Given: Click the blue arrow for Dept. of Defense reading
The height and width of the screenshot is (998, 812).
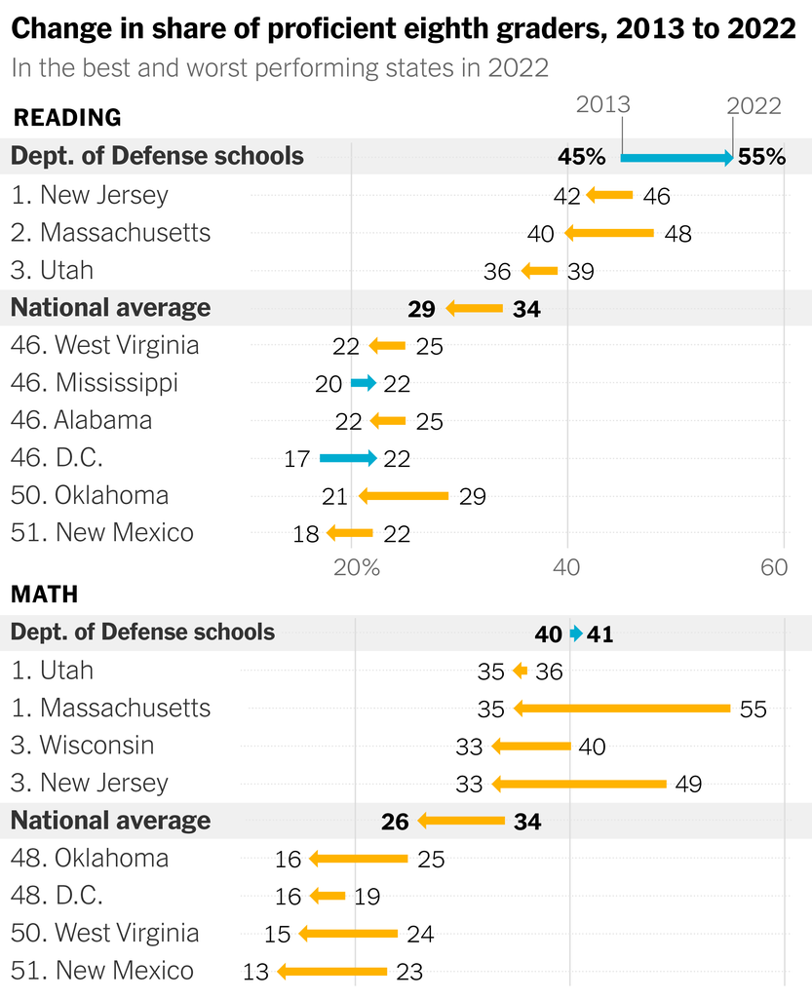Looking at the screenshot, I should (677, 157).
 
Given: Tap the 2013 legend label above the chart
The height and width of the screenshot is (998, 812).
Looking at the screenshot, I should (603, 105).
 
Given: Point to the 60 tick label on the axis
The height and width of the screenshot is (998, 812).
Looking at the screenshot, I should (774, 568).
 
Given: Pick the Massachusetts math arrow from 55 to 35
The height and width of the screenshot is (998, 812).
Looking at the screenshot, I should (621, 709).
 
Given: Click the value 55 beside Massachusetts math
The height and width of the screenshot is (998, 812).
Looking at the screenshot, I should (753, 709).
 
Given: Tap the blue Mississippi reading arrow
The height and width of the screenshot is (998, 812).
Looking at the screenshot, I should (364, 383).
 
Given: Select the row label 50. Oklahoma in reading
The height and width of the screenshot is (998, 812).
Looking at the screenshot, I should (90, 495).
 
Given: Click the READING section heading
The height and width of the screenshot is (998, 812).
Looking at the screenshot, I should (67, 118).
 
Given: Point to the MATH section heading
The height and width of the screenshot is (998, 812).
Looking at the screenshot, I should (45, 594).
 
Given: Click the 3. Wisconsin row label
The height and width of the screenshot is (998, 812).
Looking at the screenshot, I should (83, 746).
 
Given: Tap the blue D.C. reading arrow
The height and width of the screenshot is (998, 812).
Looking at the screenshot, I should (347, 458).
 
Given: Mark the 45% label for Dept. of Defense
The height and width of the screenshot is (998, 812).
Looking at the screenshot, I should (582, 157).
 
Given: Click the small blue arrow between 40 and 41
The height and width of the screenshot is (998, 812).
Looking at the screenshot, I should (576, 634).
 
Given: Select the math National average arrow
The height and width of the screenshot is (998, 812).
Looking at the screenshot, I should (461, 822).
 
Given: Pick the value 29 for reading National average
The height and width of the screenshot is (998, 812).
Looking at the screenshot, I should (422, 309).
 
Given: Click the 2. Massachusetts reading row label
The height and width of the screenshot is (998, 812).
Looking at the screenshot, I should (111, 233).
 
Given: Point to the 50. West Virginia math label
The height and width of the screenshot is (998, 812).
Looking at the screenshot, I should (105, 933).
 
